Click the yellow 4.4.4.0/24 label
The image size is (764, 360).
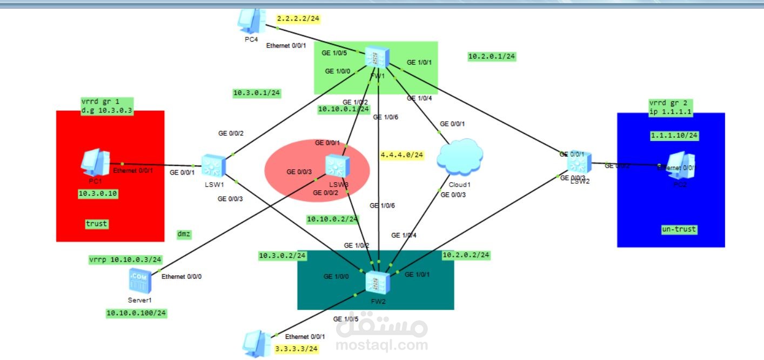pos(401,155)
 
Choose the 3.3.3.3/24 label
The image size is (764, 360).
pos(296,349)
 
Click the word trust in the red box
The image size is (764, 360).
pos(97,223)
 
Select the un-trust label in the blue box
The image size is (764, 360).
pos(679,229)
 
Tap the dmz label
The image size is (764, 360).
pos(184,234)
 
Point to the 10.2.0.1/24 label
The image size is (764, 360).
pos(492,56)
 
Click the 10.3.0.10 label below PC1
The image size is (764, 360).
pos(98,192)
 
